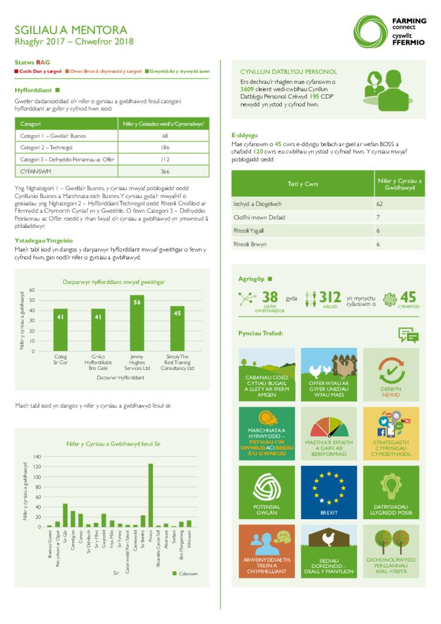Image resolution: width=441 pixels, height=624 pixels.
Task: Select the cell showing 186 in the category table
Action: click(x=164, y=147)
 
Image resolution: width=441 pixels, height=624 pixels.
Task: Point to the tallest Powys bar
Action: click(x=150, y=494)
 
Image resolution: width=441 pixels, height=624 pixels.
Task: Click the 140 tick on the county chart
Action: click(x=36, y=456)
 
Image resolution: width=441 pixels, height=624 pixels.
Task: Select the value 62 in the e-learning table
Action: click(x=379, y=204)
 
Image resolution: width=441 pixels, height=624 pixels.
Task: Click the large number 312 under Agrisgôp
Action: click(x=330, y=297)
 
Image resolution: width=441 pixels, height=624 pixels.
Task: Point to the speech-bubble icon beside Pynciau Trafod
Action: click(x=407, y=334)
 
